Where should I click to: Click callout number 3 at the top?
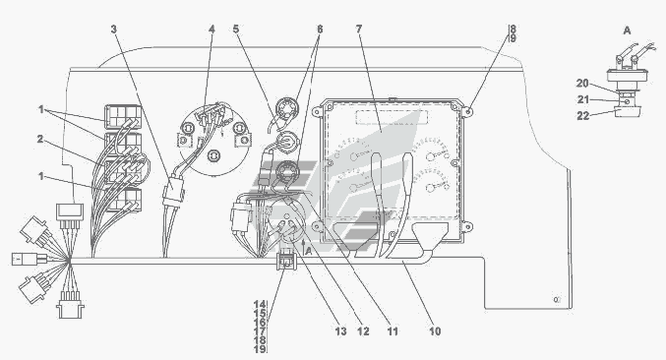[113, 30]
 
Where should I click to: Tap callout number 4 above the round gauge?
[212, 30]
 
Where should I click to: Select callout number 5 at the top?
[236, 30]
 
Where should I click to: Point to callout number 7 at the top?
[359, 30]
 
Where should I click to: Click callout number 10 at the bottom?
[435, 331]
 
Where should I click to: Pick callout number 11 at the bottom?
[393, 331]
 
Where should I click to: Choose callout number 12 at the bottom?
[364, 331]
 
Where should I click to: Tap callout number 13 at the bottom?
[341, 331]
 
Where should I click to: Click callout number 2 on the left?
[40, 140]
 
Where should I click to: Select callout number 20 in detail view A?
[582, 84]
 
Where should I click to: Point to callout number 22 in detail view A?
[582, 115]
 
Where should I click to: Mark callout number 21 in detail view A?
[582, 99]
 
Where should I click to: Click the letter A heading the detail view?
[627, 30]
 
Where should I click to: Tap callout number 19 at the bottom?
[260, 349]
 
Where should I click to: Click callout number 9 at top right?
[513, 38]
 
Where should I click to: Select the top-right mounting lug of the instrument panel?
[467, 112]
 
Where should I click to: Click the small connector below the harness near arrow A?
[285, 261]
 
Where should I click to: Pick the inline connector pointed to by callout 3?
[174, 192]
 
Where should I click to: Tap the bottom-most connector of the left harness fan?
[71, 305]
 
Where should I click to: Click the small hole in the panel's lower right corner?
[557, 300]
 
